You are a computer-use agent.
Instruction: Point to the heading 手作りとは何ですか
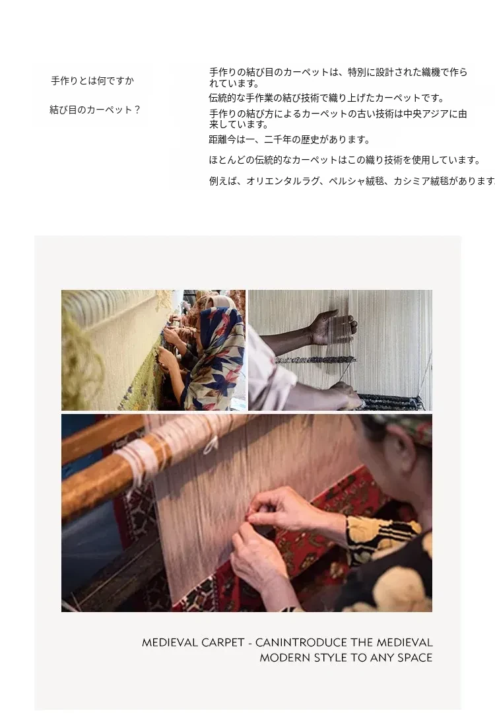click(x=92, y=81)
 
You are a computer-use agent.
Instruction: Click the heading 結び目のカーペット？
click(x=95, y=110)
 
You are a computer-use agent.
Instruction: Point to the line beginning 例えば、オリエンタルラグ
click(x=352, y=181)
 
